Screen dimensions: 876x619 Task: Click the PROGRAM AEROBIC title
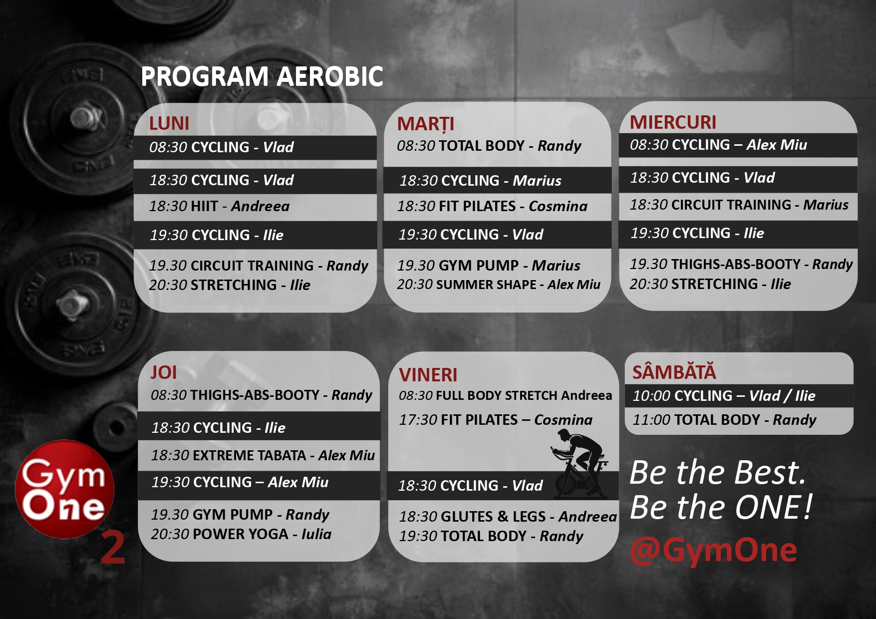click(x=262, y=76)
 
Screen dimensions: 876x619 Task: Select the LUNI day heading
click(x=169, y=123)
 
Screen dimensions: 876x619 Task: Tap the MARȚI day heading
click(x=426, y=124)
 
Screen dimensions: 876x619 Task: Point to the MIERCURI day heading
click(x=673, y=122)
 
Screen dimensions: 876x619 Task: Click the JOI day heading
click(x=164, y=372)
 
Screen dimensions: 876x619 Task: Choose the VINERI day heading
click(x=428, y=375)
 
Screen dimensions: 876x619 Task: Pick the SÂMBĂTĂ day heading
click(x=674, y=372)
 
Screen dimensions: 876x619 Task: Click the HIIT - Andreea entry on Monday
click(x=219, y=206)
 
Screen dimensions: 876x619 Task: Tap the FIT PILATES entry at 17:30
click(x=496, y=420)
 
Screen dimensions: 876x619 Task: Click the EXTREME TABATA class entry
click(x=263, y=455)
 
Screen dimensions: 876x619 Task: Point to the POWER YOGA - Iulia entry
click(x=241, y=534)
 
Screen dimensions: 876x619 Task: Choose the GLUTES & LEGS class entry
click(x=508, y=517)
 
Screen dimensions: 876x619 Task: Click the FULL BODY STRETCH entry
click(x=505, y=395)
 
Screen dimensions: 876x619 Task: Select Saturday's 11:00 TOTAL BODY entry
click(x=724, y=420)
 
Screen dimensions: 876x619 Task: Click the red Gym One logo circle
click(x=65, y=489)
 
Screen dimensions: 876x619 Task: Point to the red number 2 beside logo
click(x=113, y=548)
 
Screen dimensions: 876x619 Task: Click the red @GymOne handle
click(x=713, y=550)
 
